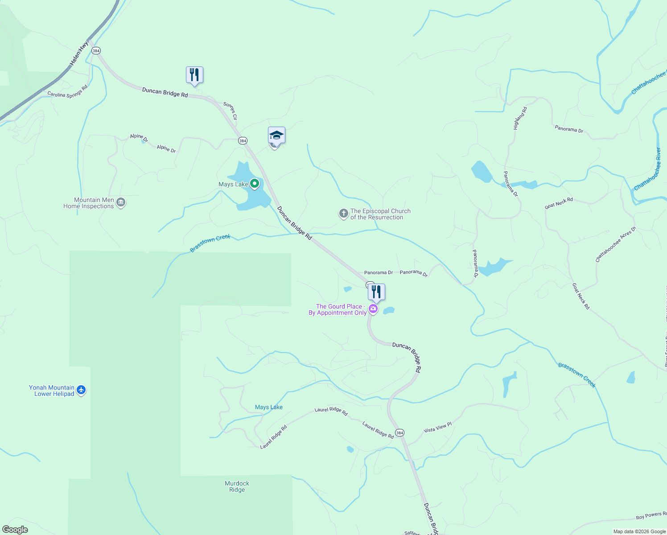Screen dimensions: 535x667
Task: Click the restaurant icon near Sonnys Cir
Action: [x=194, y=75]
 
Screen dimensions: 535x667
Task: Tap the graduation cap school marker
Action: [x=276, y=135]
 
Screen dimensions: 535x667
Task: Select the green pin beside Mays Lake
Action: [x=255, y=184]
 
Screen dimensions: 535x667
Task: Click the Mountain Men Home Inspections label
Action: [x=89, y=203]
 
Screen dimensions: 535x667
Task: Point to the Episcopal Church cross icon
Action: [x=343, y=214]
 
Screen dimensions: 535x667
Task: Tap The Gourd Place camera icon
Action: [x=373, y=309]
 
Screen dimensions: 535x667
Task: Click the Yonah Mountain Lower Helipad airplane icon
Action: [x=81, y=390]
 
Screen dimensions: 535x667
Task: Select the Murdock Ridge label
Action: [x=237, y=486]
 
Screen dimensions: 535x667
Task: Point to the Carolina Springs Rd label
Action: [x=68, y=91]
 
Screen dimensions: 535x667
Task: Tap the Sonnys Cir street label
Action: [x=230, y=111]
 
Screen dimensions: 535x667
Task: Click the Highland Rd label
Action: [x=520, y=118]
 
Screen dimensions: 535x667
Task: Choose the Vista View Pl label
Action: [x=437, y=428]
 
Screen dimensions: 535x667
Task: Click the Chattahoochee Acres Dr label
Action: [x=616, y=245]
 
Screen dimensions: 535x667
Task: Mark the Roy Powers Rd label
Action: [x=651, y=515]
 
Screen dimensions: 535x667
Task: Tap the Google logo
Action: [x=15, y=530]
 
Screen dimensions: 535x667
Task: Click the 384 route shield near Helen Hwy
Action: [x=96, y=51]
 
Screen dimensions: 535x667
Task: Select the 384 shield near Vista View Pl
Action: [x=399, y=433]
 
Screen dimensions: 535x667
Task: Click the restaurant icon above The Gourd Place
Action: [x=376, y=292]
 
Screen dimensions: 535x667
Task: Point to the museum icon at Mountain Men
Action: [x=121, y=203]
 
